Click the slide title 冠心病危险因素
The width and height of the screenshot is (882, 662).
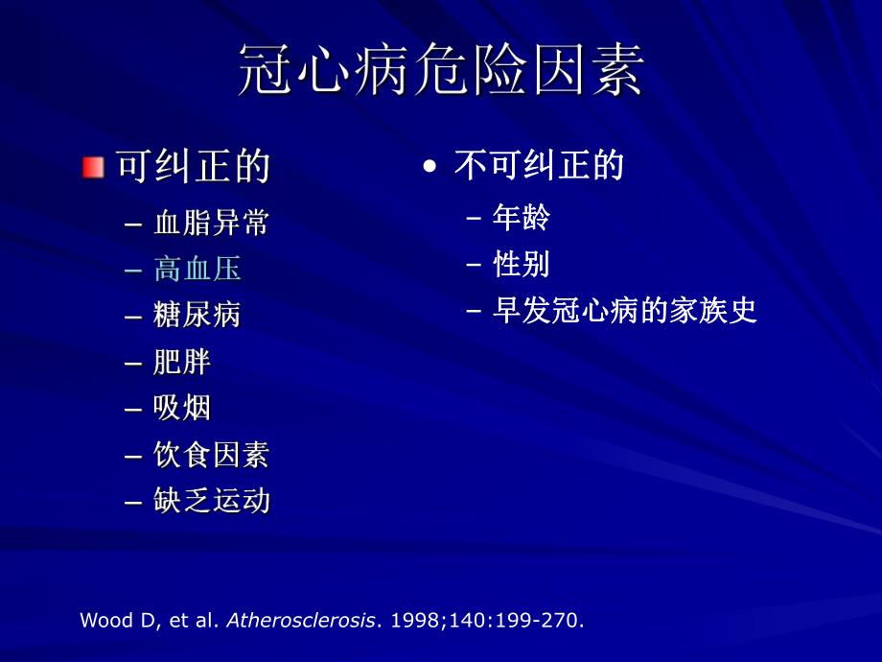[440, 69]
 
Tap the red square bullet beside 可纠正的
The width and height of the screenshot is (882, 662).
[92, 167]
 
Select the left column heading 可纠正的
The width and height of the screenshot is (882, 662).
[193, 167]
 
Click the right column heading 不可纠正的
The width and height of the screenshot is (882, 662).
[539, 166]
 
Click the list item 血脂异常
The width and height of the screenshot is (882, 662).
[211, 224]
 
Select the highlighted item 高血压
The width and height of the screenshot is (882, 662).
[197, 270]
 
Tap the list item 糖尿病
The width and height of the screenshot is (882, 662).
[197, 315]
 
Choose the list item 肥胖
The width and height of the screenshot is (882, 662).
[181, 362]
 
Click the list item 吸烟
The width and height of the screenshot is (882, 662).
[181, 408]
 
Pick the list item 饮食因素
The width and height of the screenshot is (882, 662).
[211, 455]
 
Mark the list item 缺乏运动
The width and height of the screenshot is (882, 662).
[211, 501]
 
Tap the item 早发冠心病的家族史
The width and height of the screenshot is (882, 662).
[624, 310]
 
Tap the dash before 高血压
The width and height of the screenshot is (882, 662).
[133, 271]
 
